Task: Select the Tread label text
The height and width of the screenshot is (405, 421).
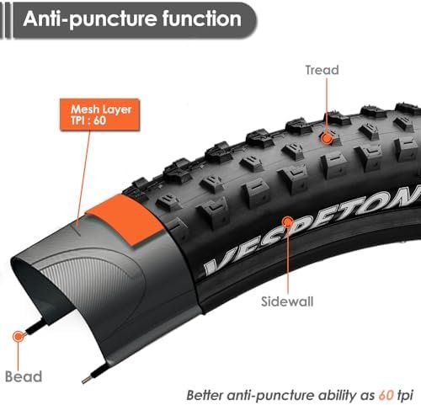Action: pyautogui.click(x=322, y=70)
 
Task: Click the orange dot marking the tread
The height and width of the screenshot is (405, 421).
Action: pyautogui.click(x=327, y=138)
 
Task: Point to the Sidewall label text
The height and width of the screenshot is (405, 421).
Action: pyautogui.click(x=287, y=301)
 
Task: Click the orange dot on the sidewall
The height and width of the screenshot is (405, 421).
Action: pyautogui.click(x=287, y=222)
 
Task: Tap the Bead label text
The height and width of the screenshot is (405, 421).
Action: pyautogui.click(x=24, y=376)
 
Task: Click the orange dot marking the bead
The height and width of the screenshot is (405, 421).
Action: pyautogui.click(x=19, y=336)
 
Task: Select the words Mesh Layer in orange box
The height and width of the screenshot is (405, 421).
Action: pyautogui.click(x=101, y=109)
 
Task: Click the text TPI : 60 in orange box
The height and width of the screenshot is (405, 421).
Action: pyautogui.click(x=88, y=120)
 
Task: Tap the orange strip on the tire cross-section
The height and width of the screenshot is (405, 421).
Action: pyautogui.click(x=125, y=219)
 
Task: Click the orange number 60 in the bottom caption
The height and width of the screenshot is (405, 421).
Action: pyautogui.click(x=386, y=395)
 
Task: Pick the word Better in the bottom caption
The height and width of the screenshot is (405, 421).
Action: pyautogui.click(x=205, y=395)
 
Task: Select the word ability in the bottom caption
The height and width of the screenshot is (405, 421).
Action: pyautogui.click(x=336, y=396)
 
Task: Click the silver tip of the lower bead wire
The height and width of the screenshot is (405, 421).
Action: pyautogui.click(x=86, y=380)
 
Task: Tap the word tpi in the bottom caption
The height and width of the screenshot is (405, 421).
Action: pyautogui.click(x=405, y=396)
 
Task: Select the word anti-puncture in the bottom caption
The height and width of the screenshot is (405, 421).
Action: pyautogui.click(x=270, y=396)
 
